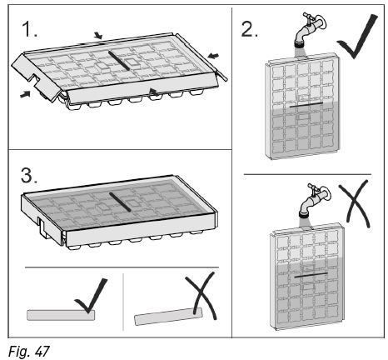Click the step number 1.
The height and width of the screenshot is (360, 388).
[29, 30]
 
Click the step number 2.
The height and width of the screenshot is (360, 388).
[249, 29]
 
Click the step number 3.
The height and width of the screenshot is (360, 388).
[28, 176]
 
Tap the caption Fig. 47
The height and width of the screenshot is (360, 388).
[29, 352]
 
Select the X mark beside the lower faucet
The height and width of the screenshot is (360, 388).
[355, 203]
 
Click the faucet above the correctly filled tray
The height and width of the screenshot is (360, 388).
[309, 30]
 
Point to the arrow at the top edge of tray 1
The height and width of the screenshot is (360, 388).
[98, 36]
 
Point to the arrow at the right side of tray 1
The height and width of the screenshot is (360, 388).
[213, 56]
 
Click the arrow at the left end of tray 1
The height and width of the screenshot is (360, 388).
[25, 94]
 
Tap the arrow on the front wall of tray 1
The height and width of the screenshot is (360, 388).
[154, 92]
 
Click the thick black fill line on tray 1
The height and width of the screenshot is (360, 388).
[119, 61]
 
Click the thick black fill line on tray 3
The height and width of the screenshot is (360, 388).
[120, 202]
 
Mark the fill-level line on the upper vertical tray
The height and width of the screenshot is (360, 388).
[306, 105]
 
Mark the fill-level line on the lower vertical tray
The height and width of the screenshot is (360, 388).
[311, 275]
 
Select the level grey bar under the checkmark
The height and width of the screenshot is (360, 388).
[61, 315]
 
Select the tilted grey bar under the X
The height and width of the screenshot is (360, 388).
[168, 317]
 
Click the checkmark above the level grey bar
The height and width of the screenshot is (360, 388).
[91, 296]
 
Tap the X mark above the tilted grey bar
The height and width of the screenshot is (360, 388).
[201, 296]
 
